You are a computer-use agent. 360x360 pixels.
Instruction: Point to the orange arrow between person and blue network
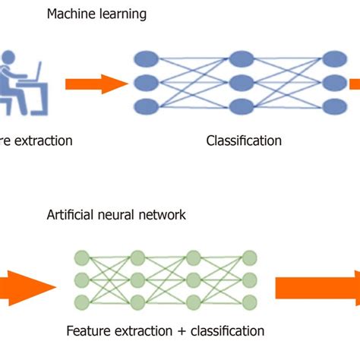pos(95,83)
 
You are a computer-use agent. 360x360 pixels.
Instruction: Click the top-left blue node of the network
pos(146,58)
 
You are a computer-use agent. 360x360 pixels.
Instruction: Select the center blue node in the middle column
pos(240,83)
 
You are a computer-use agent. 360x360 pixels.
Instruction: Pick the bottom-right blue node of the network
pos(334,106)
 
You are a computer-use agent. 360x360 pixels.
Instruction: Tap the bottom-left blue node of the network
pos(146,106)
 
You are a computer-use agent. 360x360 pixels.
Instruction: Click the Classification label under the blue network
pos(243,141)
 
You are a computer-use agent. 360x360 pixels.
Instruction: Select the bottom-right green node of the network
pos(249,302)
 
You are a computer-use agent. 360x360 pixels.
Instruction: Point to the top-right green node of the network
pos(249,257)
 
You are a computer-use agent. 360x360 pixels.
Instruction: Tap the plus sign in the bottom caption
pos(190,331)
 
